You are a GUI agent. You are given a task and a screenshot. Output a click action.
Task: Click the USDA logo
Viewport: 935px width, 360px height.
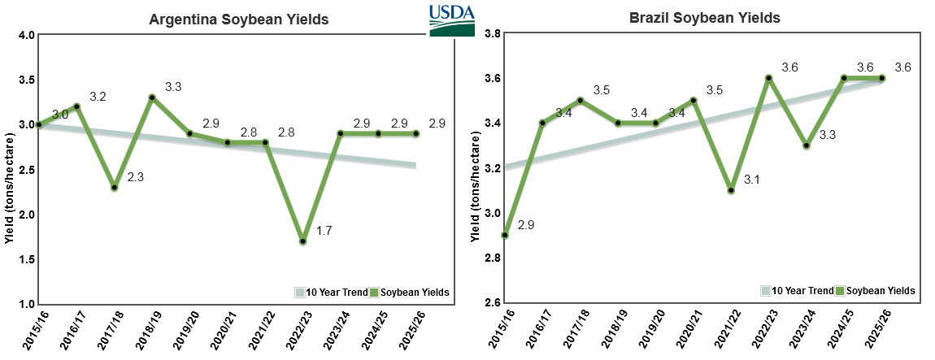coord(451,20)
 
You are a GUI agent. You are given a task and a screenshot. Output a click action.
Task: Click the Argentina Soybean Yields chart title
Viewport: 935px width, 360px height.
coord(238,20)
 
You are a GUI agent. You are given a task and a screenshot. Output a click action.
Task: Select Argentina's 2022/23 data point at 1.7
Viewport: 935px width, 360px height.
coord(302,241)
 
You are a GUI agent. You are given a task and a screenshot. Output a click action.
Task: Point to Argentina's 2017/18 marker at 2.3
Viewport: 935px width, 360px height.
coord(115,188)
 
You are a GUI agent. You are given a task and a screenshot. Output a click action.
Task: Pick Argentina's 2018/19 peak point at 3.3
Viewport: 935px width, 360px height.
coord(152,98)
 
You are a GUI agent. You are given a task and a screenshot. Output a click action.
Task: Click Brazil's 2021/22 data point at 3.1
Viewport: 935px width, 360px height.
coord(731,190)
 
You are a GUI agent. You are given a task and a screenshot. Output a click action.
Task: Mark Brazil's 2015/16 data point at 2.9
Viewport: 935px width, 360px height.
coord(505,236)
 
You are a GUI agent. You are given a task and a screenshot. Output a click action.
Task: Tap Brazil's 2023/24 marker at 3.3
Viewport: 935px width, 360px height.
coord(807,145)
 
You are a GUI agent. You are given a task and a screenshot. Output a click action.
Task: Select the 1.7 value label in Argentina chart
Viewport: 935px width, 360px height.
coord(324,231)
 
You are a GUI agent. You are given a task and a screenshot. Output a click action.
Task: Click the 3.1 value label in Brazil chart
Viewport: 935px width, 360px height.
coord(753,180)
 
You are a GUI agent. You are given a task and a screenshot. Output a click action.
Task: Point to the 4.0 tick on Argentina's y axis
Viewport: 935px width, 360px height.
coord(24,35)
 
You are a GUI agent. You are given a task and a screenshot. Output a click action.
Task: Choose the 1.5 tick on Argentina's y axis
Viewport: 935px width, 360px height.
coord(24,259)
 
